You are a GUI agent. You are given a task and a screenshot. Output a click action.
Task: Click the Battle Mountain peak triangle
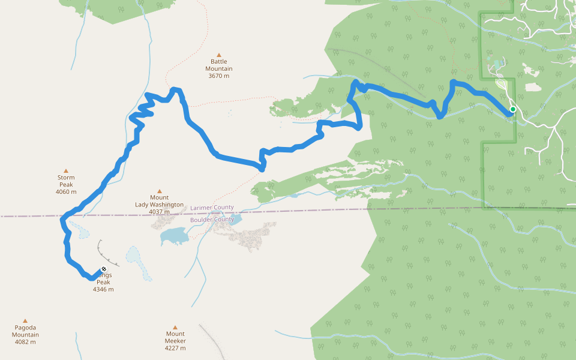pos(219,55)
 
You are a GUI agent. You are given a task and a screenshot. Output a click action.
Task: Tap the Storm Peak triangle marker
pos(66,171)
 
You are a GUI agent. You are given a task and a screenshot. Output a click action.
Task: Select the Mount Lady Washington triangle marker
pos(160,191)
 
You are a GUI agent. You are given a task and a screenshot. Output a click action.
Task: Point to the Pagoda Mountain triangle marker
pos(25,321)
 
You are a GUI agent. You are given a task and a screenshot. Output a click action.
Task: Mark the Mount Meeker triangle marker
pos(175,328)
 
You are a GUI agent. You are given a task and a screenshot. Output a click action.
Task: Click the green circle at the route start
pos(512,109)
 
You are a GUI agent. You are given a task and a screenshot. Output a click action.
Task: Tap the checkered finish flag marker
pos(104,269)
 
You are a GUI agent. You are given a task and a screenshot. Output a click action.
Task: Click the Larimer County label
pos(212,208)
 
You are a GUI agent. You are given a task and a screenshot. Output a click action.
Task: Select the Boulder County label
pos(212,220)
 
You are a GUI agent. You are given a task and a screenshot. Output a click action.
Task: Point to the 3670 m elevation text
pos(220,76)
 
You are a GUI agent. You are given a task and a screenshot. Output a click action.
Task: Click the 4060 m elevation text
pos(66,192)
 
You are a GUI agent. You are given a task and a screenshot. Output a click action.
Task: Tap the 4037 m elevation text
pos(159,212)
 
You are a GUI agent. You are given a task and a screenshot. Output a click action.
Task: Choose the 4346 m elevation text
pos(103,289)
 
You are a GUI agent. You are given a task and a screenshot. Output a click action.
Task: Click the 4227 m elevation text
pos(175,348)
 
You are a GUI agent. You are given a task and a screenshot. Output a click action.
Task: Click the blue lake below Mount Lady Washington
pos(174,236)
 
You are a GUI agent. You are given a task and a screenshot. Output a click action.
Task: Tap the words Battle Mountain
pos(220,65)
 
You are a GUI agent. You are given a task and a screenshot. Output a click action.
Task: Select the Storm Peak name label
pos(66,181)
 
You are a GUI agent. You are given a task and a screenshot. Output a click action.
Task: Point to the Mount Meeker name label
pos(175,337)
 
